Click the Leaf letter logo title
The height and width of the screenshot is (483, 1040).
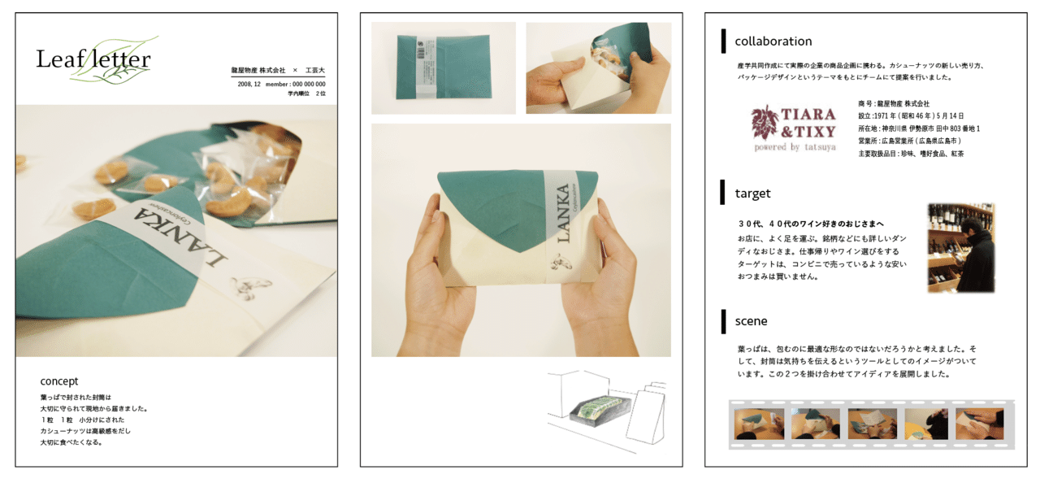(93, 59)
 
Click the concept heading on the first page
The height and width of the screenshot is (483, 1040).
(59, 381)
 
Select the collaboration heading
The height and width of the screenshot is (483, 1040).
(773, 41)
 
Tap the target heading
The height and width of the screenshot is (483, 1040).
(752, 194)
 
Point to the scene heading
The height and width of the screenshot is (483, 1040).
(751, 321)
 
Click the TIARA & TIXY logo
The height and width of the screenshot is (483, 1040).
(793, 123)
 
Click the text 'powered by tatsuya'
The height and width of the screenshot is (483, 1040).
(794, 148)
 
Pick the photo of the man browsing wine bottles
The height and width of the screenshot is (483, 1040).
(961, 248)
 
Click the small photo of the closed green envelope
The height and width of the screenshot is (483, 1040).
(443, 68)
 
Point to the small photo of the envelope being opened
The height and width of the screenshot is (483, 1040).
(598, 68)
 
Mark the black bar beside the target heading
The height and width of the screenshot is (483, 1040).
(723, 193)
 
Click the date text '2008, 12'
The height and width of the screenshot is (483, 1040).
(249, 84)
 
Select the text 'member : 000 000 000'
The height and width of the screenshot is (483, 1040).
(296, 84)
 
